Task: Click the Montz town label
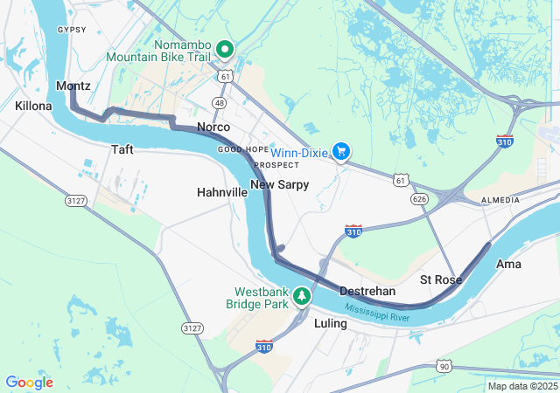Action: pos(73,86)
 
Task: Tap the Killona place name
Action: pos(33,106)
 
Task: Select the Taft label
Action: pos(122,149)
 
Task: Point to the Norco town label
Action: pos(213,128)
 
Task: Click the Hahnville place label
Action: pos(221,191)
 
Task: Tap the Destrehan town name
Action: pos(367,291)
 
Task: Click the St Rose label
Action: pos(440,279)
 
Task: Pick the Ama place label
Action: pos(508,264)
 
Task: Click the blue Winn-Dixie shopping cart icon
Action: pos(341,152)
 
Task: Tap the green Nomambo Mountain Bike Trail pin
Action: pos(225,49)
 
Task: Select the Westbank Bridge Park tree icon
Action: pos(302,296)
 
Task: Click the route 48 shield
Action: pos(218,103)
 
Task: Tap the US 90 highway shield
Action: pos(445,364)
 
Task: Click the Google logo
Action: pos(29,383)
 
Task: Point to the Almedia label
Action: pos(500,201)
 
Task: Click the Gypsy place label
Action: pos(72,30)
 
